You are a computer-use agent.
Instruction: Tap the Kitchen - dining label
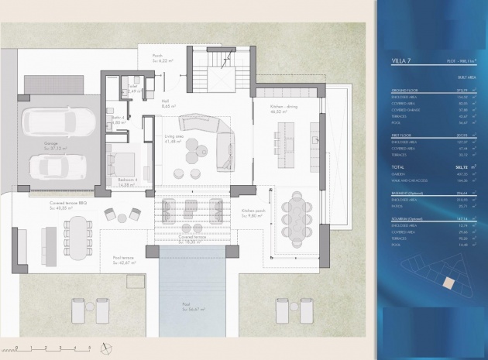[x=285, y=109]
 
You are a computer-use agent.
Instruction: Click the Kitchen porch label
[x=253, y=212]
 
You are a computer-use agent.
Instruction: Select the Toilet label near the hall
[x=133, y=87]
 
